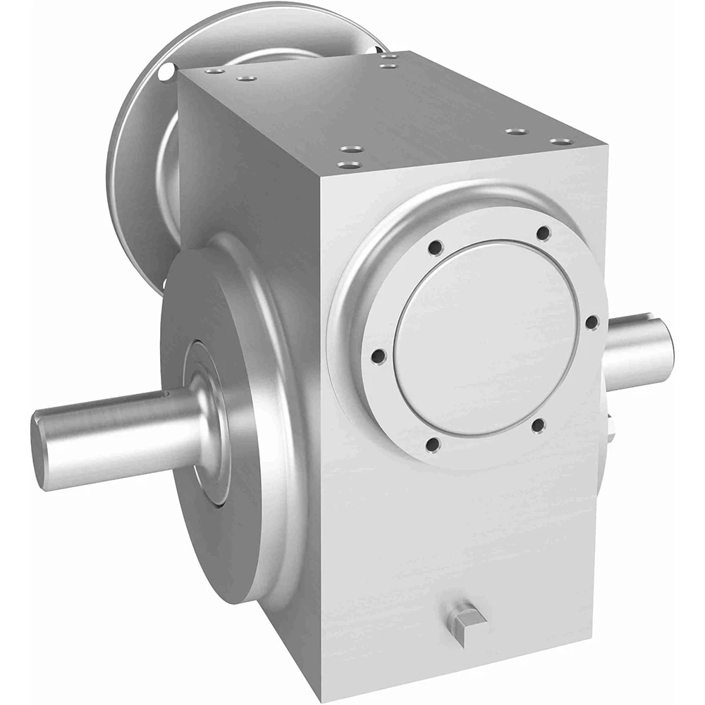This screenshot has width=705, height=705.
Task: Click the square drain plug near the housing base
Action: click(x=465, y=621)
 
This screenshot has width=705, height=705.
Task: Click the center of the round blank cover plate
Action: click(x=486, y=338)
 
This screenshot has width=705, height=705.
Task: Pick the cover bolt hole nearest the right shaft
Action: click(x=591, y=321)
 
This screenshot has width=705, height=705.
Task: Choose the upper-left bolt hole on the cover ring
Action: click(x=436, y=247)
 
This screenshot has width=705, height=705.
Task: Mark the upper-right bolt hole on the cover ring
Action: click(x=543, y=233)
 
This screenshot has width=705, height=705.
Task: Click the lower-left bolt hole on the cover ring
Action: click(x=433, y=444)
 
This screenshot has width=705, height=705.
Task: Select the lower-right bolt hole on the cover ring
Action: click(x=537, y=425)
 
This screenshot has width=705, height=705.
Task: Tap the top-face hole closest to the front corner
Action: click(x=349, y=165)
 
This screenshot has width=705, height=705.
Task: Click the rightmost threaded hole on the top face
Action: click(x=561, y=142)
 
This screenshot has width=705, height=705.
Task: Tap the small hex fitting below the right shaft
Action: click(x=611, y=427)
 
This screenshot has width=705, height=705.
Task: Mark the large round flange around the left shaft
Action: click(x=240, y=423)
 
